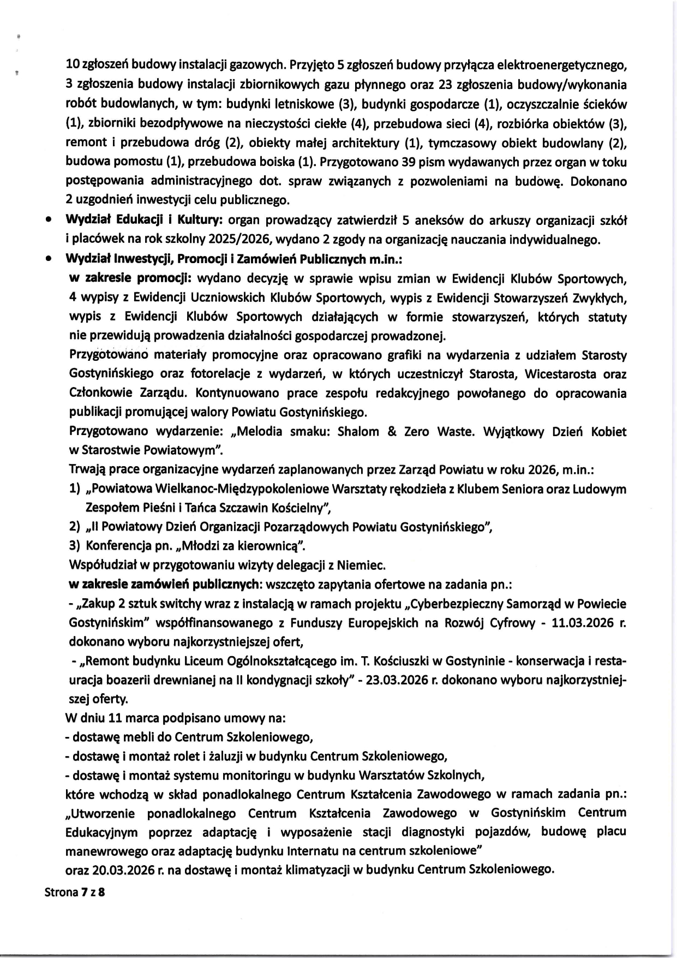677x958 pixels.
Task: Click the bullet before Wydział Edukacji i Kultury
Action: (49, 221)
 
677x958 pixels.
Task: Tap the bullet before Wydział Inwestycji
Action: (49, 259)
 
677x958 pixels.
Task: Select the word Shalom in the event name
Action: (358, 432)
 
